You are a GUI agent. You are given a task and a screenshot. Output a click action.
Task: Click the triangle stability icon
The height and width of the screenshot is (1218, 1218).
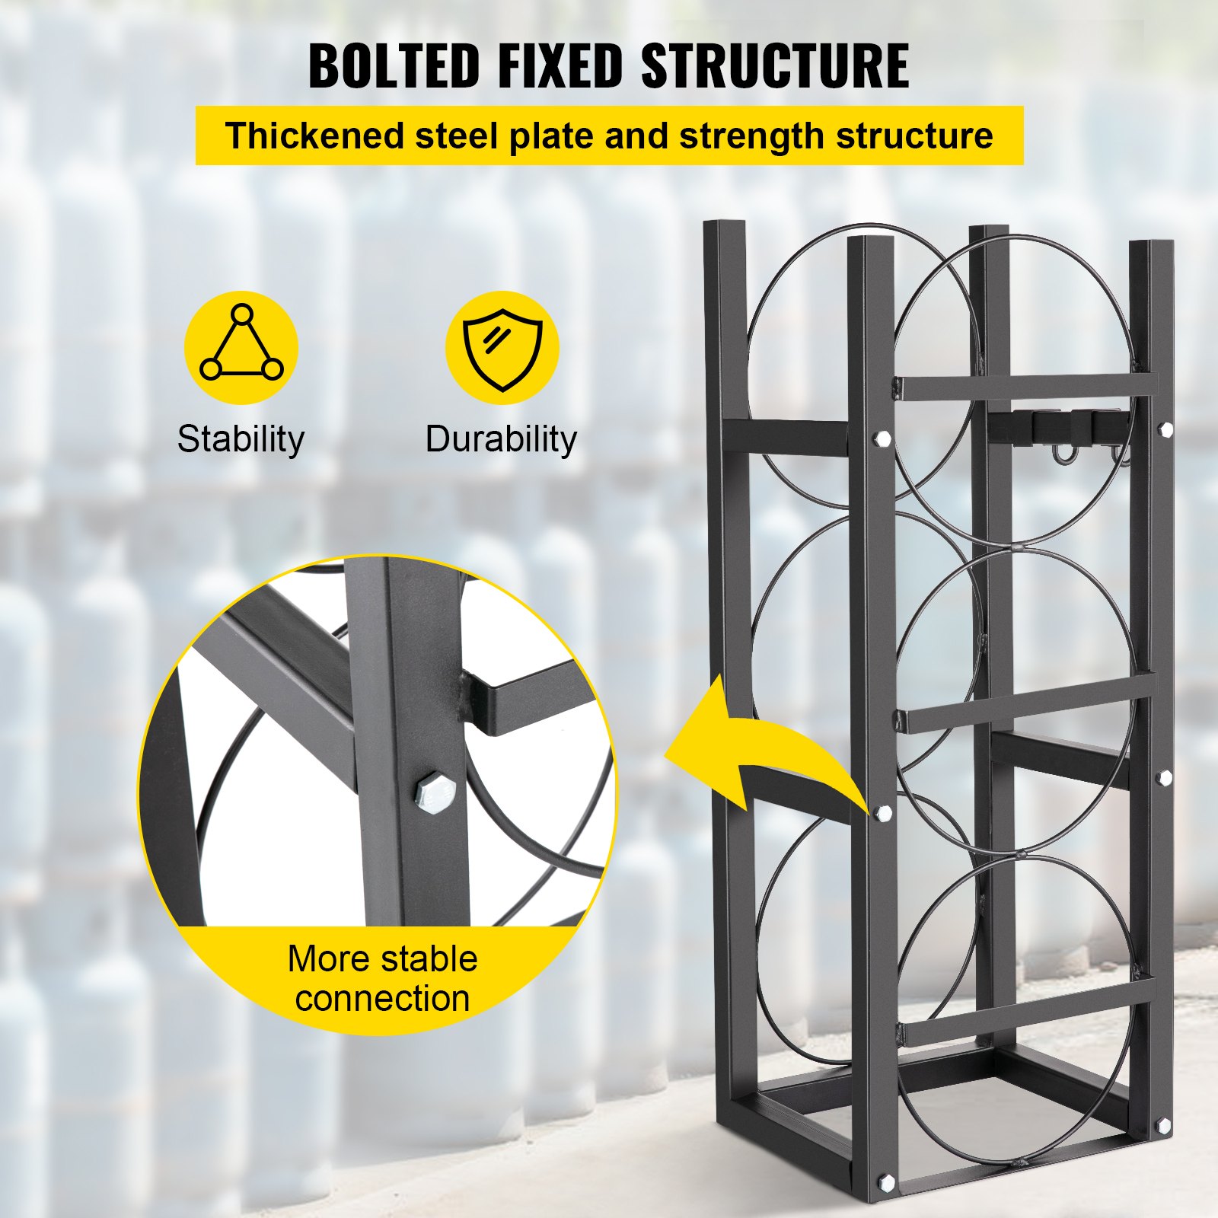pyautogui.click(x=241, y=347)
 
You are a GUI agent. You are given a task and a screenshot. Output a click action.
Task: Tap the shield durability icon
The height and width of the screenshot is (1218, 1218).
pyautogui.click(x=502, y=348)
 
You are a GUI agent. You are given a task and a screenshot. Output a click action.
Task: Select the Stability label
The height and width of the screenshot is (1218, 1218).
pyautogui.click(x=241, y=439)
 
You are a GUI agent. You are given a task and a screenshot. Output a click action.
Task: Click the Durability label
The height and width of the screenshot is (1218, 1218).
pyautogui.click(x=501, y=439)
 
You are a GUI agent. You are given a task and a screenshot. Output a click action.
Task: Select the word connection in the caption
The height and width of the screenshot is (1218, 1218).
pyautogui.click(x=382, y=998)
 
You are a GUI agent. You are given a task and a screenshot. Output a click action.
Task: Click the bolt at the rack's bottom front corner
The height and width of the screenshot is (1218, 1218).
pyautogui.click(x=885, y=1182)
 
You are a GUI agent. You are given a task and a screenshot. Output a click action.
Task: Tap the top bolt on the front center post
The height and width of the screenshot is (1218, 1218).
pyautogui.click(x=883, y=438)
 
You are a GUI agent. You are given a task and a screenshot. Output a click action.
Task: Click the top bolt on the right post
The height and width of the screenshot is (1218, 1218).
pyautogui.click(x=1165, y=429)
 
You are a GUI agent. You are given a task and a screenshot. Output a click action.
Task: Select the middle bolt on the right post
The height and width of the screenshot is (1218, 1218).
pyautogui.click(x=1164, y=777)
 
